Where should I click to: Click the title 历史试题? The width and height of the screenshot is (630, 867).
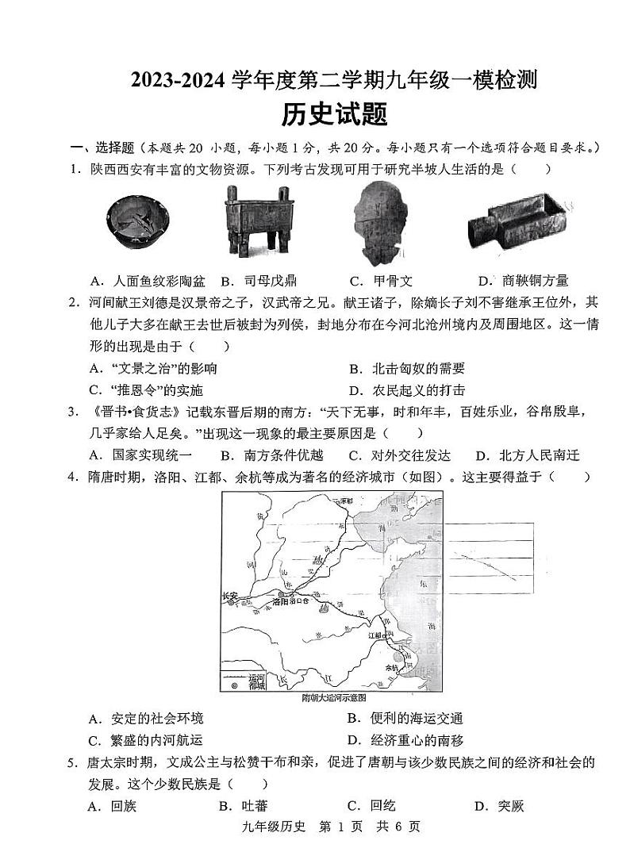[x=335, y=116]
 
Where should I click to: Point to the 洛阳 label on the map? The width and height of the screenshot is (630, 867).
[x=282, y=602]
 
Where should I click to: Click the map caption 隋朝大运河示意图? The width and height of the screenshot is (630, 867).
[x=333, y=698]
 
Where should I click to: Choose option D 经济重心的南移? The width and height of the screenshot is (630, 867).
[x=406, y=740]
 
